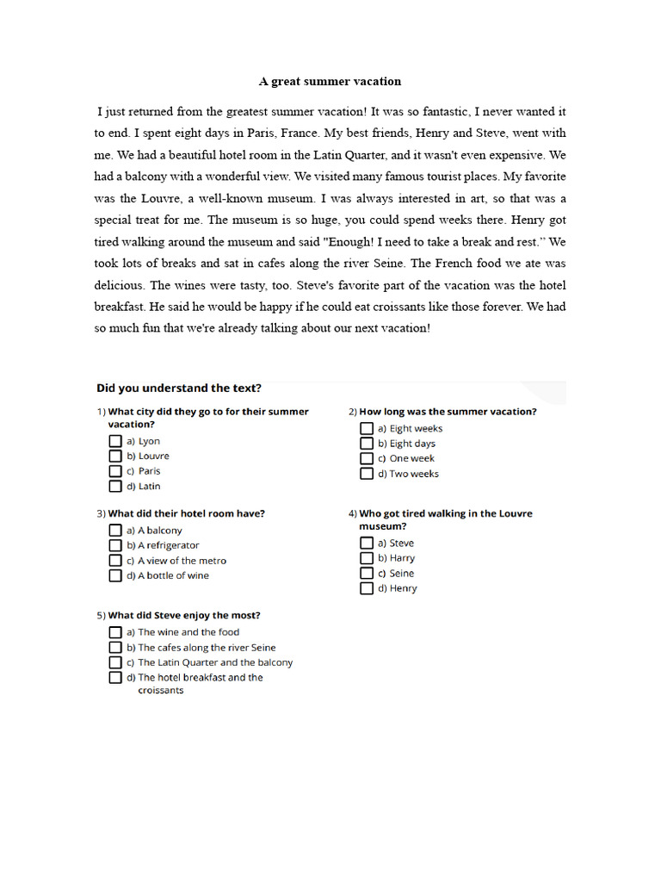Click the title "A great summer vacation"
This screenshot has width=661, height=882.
[x=330, y=82]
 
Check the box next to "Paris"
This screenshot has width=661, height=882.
[x=115, y=471]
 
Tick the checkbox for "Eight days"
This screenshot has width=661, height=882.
[x=367, y=444]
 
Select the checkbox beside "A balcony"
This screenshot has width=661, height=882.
[x=115, y=531]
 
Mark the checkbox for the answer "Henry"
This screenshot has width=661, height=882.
[x=367, y=588]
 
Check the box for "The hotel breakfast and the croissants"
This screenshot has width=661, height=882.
[x=115, y=678]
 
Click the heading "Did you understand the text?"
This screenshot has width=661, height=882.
[x=179, y=388]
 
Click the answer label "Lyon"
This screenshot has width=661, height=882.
[x=149, y=441]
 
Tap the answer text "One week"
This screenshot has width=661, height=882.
[x=411, y=459]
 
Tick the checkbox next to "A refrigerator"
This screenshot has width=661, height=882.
[x=115, y=545]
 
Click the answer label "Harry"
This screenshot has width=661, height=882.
[x=402, y=558]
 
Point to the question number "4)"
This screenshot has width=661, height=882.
[x=352, y=514]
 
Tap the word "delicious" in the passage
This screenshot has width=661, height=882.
[x=119, y=285]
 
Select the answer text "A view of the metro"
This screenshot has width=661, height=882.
[x=182, y=561]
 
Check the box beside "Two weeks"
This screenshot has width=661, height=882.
[x=367, y=474]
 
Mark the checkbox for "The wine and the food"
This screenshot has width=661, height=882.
[x=115, y=632]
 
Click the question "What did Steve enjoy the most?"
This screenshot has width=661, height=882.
[x=184, y=616]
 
